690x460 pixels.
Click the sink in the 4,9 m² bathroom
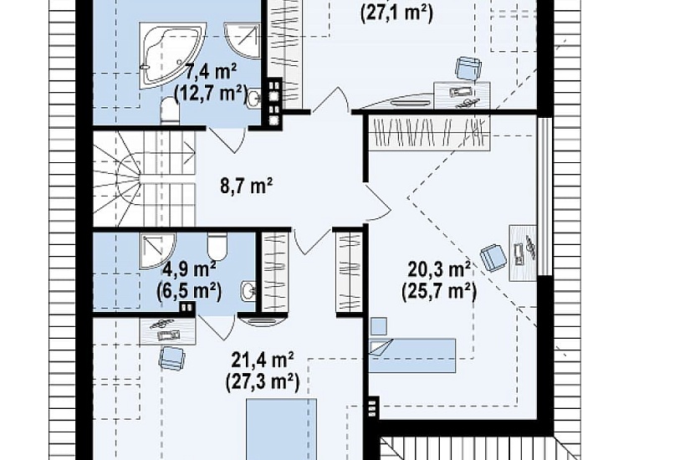point(248,291)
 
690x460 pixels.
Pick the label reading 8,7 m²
point(247,186)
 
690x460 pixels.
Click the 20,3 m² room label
point(440,268)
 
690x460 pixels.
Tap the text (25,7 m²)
point(439,291)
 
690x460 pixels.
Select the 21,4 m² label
point(263,360)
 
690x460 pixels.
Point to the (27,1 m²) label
point(396,13)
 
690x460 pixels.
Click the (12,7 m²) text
point(210,94)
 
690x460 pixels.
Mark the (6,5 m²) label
point(189,290)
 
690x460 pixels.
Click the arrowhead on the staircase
point(192,154)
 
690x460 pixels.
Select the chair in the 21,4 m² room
point(171,356)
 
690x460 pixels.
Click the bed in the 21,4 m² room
point(281,429)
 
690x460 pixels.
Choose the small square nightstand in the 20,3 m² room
point(378,325)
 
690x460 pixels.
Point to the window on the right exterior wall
point(544,196)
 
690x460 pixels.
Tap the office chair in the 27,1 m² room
point(468,69)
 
